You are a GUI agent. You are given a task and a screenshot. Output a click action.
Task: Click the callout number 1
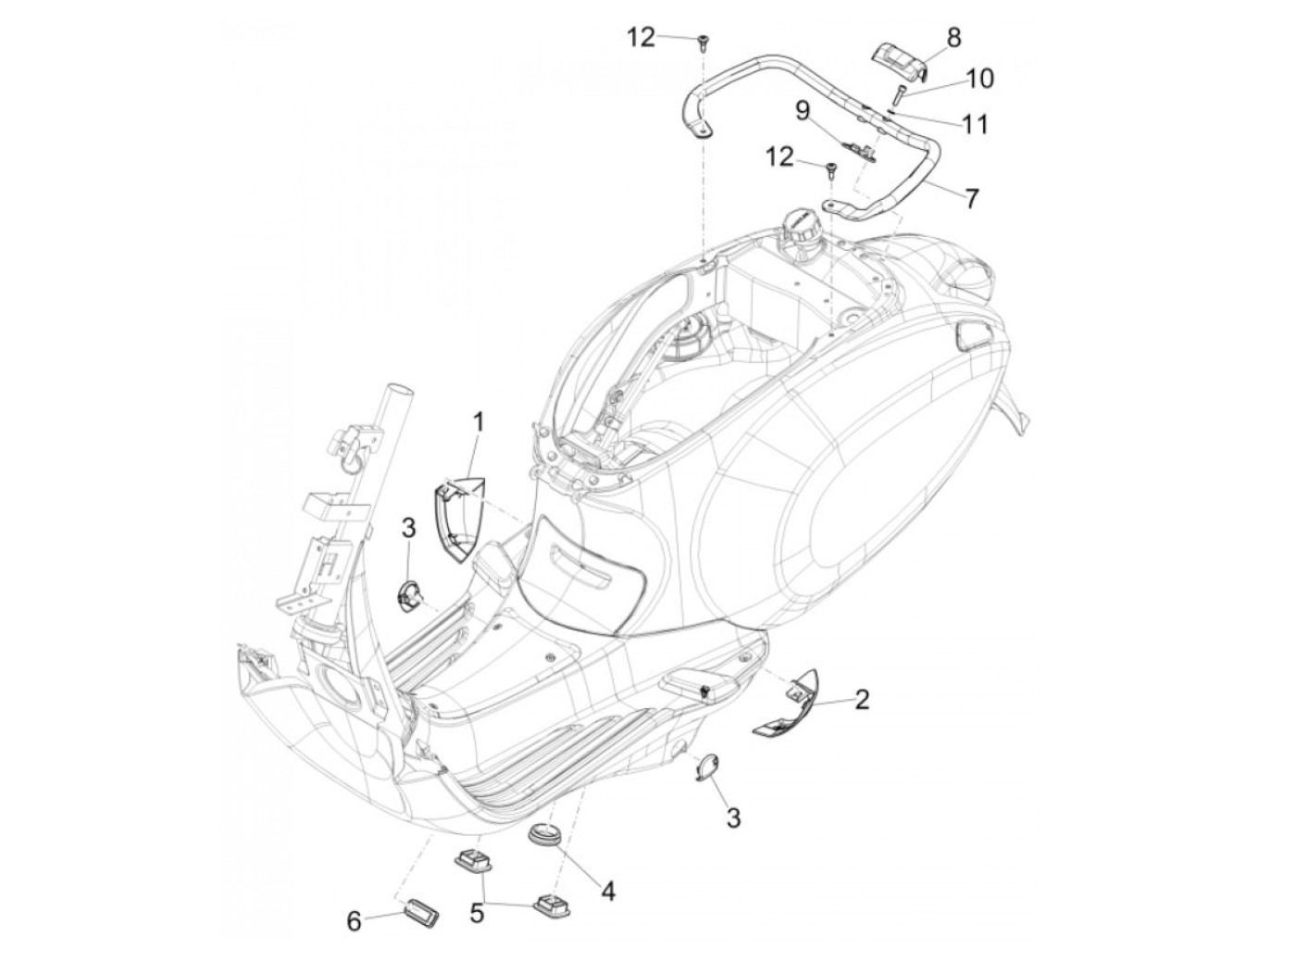point(479,423)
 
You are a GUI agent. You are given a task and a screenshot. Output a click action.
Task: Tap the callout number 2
point(861,699)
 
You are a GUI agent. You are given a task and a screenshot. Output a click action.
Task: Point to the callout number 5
point(477,913)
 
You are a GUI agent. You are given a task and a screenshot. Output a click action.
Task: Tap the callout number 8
point(953,37)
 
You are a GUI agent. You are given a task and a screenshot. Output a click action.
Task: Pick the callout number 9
point(802,112)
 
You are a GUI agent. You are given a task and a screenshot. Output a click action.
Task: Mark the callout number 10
point(979,78)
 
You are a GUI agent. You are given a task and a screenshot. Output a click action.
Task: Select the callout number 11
point(975,123)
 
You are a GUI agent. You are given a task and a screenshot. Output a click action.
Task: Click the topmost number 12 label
point(666,37)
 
